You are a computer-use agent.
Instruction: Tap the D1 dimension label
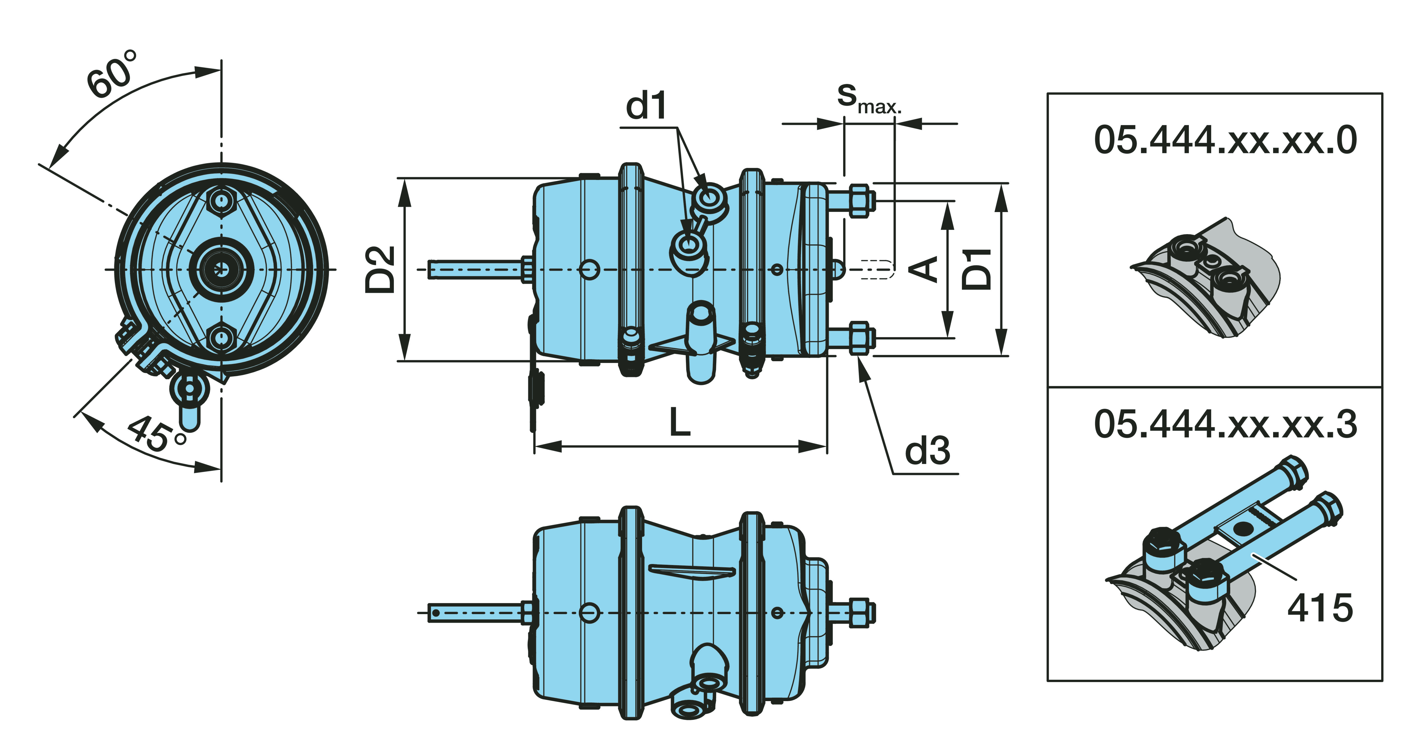[977, 269]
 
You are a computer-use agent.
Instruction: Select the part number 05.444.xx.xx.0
[1225, 140]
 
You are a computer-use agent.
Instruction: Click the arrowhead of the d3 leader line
[862, 366]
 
